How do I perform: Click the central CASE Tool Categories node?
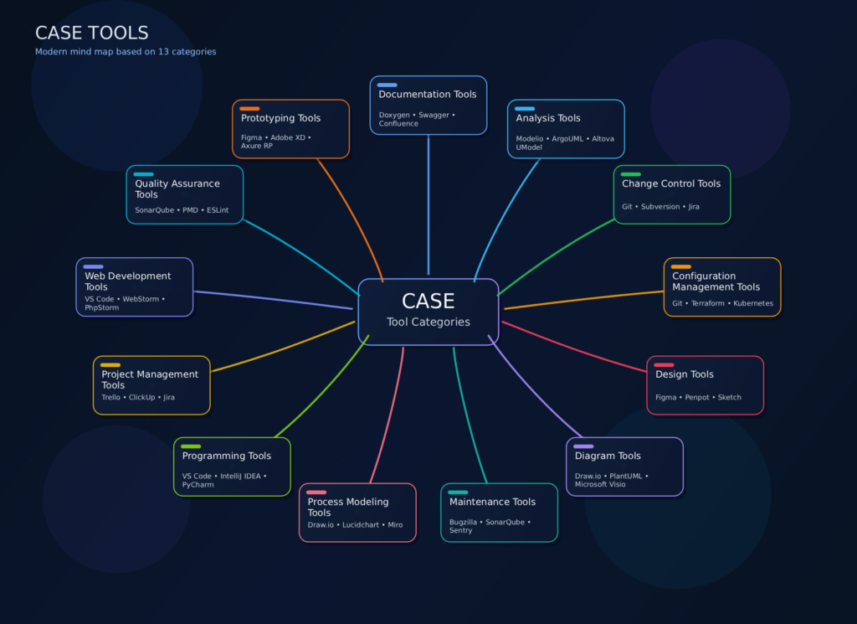click(x=428, y=311)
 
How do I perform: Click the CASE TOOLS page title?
click(x=92, y=33)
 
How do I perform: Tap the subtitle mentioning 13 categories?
click(x=126, y=52)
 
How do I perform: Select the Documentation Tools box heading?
click(x=427, y=95)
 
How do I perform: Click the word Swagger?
click(x=433, y=115)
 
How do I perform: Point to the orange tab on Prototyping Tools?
click(x=249, y=108)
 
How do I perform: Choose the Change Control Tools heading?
click(x=670, y=183)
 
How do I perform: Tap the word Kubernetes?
click(x=753, y=303)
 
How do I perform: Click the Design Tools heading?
click(x=684, y=374)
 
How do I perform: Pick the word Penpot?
click(x=697, y=397)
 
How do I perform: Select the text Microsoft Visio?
click(x=599, y=484)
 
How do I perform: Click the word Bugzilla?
click(x=464, y=522)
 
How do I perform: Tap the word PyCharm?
click(x=198, y=484)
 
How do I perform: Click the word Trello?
click(x=110, y=397)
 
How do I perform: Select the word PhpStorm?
click(x=101, y=307)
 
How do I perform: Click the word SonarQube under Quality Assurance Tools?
click(x=155, y=210)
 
